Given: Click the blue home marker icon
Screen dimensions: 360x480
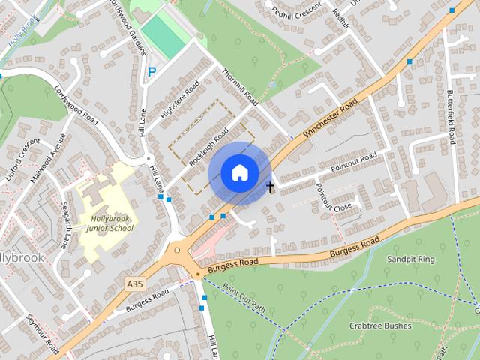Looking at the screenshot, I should [239, 172].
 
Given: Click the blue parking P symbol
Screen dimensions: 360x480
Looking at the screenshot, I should [151, 72].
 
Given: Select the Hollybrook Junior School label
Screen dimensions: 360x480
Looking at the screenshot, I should [109, 222].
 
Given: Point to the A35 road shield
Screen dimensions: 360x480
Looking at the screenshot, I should [135, 283].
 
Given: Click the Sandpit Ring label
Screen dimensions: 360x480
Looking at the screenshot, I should [410, 259].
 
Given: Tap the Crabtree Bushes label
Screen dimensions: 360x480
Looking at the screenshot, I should [380, 326].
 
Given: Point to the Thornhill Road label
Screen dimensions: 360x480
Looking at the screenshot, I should [240, 88].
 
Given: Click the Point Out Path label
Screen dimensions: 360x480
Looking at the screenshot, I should [244, 298].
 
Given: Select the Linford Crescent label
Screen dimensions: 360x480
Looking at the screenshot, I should [20, 154].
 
